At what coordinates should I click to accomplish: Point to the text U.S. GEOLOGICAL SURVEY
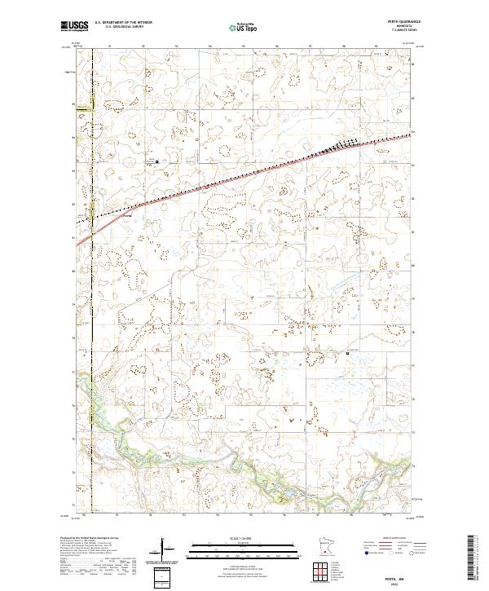pyautogui.click(x=119, y=29)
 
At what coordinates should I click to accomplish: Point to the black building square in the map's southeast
pyautogui.click(x=348, y=353)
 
